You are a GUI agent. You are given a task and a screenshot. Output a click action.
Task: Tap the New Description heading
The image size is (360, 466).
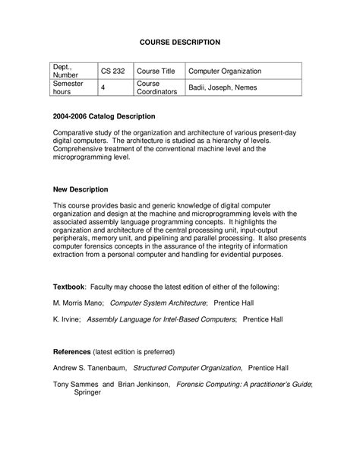(81, 189)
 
